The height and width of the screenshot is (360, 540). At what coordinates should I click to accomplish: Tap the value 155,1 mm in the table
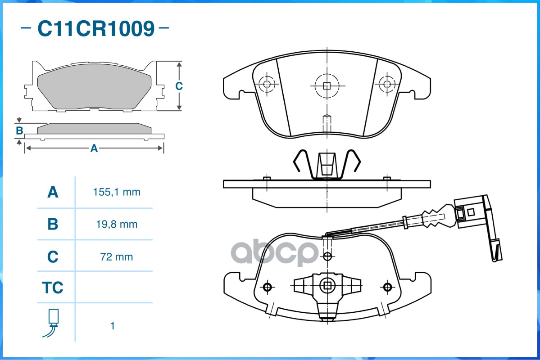117,192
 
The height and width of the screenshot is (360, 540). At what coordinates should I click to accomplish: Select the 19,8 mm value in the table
117,224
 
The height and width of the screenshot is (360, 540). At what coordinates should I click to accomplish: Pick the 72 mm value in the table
117,257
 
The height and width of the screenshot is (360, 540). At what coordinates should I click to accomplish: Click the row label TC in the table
53,288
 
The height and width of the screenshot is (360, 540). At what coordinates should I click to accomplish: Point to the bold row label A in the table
53,193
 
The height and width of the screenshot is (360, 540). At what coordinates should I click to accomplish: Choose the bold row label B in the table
53,224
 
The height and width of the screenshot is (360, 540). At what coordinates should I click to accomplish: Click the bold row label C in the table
53,257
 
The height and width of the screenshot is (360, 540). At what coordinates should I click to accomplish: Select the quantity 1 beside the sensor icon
113,326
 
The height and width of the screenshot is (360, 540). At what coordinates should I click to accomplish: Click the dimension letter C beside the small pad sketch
179,86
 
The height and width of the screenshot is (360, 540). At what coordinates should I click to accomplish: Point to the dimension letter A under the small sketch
94,148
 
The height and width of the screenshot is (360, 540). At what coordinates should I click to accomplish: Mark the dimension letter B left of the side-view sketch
19,131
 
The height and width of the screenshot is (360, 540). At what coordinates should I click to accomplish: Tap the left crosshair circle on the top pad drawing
267,84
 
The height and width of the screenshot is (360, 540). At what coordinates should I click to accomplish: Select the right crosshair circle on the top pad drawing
386,83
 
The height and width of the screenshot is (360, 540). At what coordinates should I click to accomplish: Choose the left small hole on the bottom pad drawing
268,287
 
